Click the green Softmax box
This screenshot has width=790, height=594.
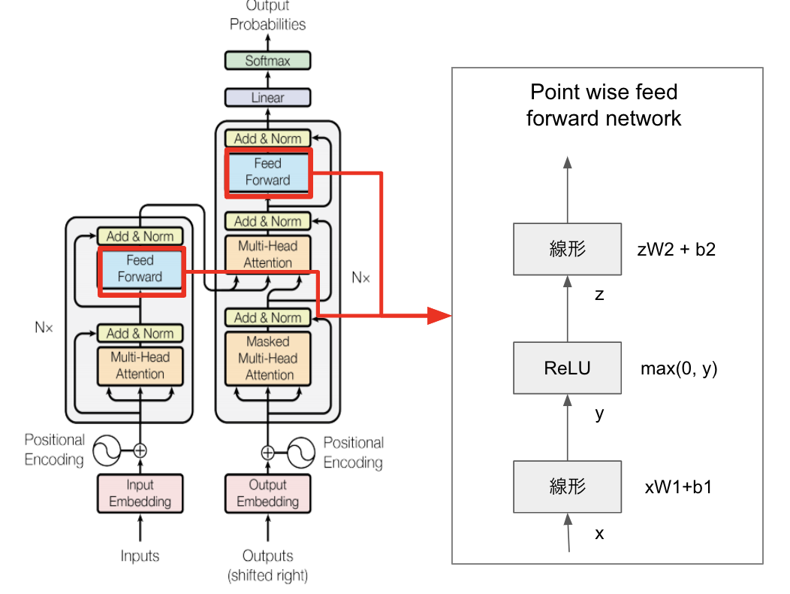tap(267, 61)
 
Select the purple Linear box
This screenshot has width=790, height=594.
tap(267, 98)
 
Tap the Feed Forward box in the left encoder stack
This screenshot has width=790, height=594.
tap(140, 268)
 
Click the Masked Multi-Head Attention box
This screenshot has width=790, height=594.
tap(268, 358)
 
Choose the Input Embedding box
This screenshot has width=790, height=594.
tap(140, 493)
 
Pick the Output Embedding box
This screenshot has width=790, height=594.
tap(268, 493)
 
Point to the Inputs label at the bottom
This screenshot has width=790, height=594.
tap(140, 556)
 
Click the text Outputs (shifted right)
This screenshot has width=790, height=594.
tap(267, 565)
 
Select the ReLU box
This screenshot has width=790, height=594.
tap(567, 368)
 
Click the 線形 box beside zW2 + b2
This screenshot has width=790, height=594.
tap(567, 249)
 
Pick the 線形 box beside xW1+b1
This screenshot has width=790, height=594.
tap(567, 486)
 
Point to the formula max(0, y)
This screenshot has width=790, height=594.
tap(678, 368)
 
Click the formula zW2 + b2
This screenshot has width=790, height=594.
tap(676, 250)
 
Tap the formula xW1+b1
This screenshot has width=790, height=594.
tap(678, 487)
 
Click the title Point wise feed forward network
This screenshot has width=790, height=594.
tap(603, 105)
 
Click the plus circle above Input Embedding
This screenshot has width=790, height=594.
tap(140, 451)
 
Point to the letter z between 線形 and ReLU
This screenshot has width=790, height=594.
tap(599, 295)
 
